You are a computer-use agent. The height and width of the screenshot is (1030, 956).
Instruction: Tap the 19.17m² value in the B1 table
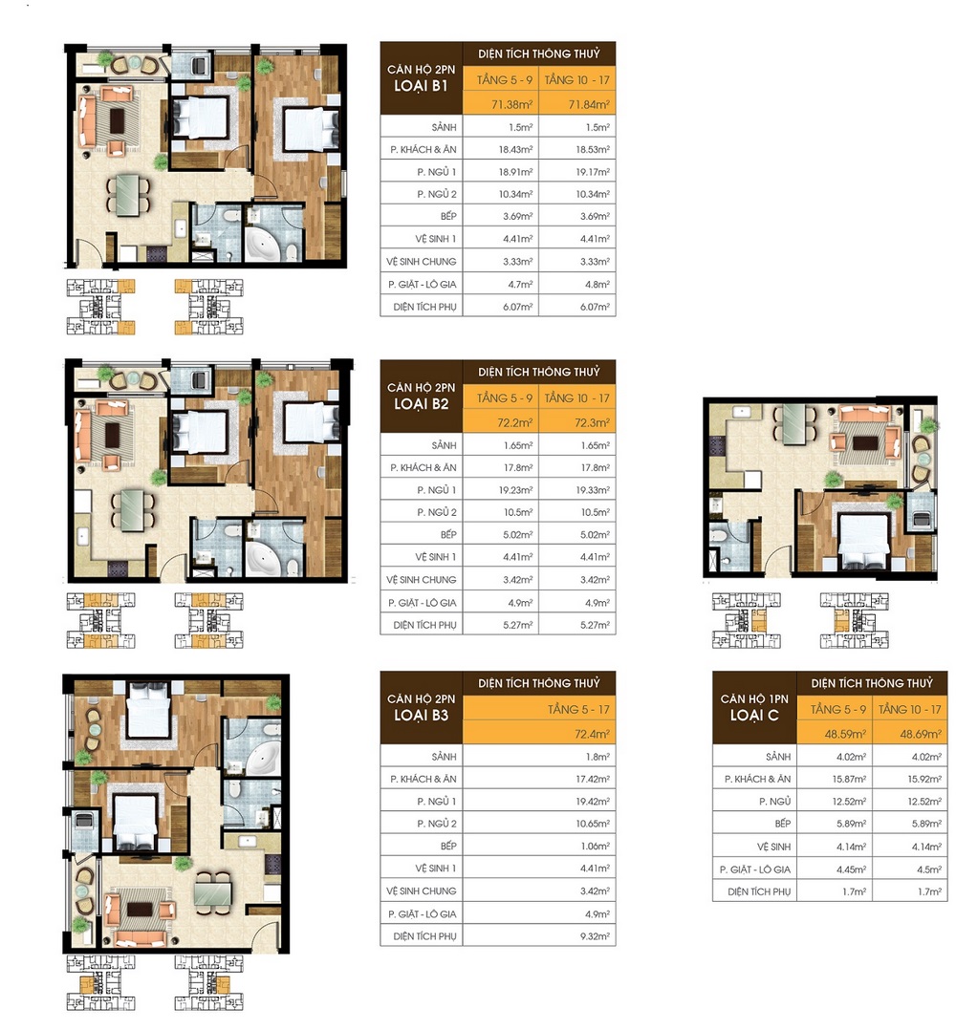(577, 172)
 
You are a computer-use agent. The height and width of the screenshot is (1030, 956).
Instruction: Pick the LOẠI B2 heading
(422, 404)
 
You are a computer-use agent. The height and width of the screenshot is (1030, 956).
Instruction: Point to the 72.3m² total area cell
(577, 421)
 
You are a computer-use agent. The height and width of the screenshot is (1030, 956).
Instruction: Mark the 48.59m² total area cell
(837, 735)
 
